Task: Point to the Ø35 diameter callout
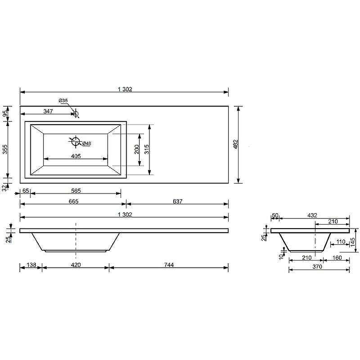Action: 63,100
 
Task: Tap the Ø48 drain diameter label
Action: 87,144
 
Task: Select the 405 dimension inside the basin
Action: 76,156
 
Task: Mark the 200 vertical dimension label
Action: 137,149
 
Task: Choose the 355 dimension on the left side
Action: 5,149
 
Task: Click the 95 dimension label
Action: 5,113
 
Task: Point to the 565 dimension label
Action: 75,191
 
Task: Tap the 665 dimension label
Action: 73,201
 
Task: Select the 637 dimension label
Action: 177,201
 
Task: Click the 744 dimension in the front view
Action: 169,265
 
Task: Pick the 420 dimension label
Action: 76,265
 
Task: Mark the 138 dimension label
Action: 31,265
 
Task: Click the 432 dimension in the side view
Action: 312,216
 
